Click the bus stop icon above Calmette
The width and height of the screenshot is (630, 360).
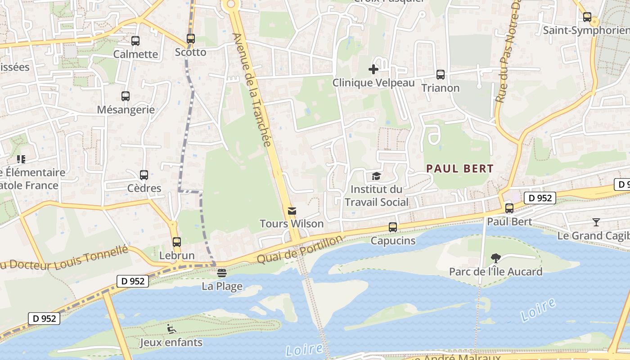pyautogui.click(x=135, y=41)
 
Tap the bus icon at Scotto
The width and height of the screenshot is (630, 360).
pyautogui.click(x=191, y=39)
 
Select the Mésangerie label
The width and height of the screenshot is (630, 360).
pyautogui.click(x=126, y=110)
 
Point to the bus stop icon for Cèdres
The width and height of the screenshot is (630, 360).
pyautogui.click(x=144, y=175)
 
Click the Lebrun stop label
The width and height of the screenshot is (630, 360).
pyautogui.click(x=177, y=256)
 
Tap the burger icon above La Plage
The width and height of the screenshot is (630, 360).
pyautogui.click(x=221, y=273)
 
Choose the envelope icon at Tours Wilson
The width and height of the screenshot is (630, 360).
pyautogui.click(x=292, y=211)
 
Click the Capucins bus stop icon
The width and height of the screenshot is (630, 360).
pyautogui.click(x=393, y=227)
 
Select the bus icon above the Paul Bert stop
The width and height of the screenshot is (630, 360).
pyautogui.click(x=509, y=208)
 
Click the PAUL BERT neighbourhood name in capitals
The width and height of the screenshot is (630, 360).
pyautogui.click(x=460, y=169)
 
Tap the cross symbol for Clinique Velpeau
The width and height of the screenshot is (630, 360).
pyautogui.click(x=373, y=69)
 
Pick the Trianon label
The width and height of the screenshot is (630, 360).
pyautogui.click(x=441, y=88)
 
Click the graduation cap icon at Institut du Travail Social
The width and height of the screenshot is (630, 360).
pyautogui.click(x=376, y=176)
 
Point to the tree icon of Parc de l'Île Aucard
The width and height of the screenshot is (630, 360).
pyautogui.click(x=495, y=258)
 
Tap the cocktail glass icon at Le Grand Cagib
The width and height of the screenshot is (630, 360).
pyautogui.click(x=596, y=222)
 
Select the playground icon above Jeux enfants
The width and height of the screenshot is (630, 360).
pyautogui.click(x=171, y=329)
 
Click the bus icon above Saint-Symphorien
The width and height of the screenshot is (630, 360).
pyautogui.click(x=587, y=18)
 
